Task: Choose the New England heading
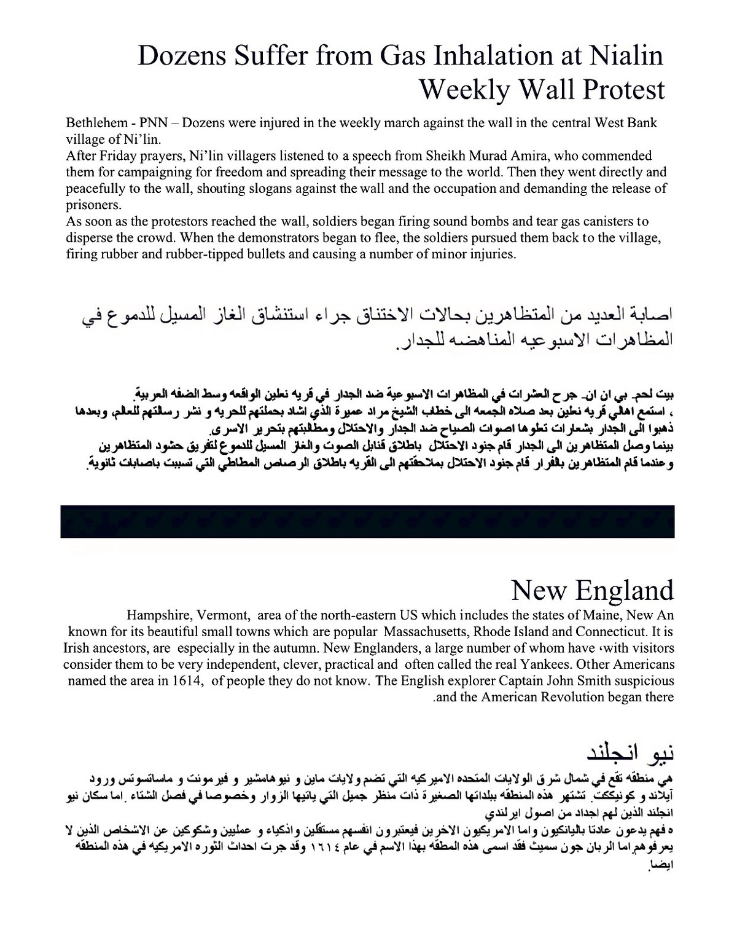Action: pos(593,590)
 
